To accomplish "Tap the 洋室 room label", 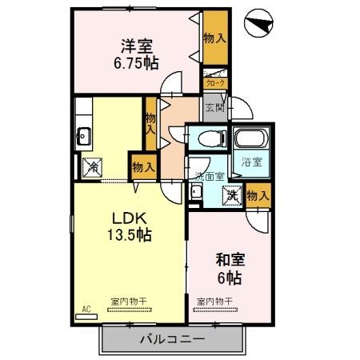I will point(136,47).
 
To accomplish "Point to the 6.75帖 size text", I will point(136,63).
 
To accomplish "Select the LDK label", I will point(127,218).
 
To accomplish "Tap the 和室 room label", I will point(230,260).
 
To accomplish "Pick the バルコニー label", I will point(172,338).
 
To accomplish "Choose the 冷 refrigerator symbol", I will point(94,167).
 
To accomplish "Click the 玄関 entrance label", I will point(214,107).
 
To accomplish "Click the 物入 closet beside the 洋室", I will point(214,38).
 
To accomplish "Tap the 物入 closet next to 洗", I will point(258,195).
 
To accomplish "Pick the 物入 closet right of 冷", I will point(142,167).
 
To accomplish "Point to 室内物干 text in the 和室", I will point(214,300).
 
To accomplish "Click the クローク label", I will point(215,82).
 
